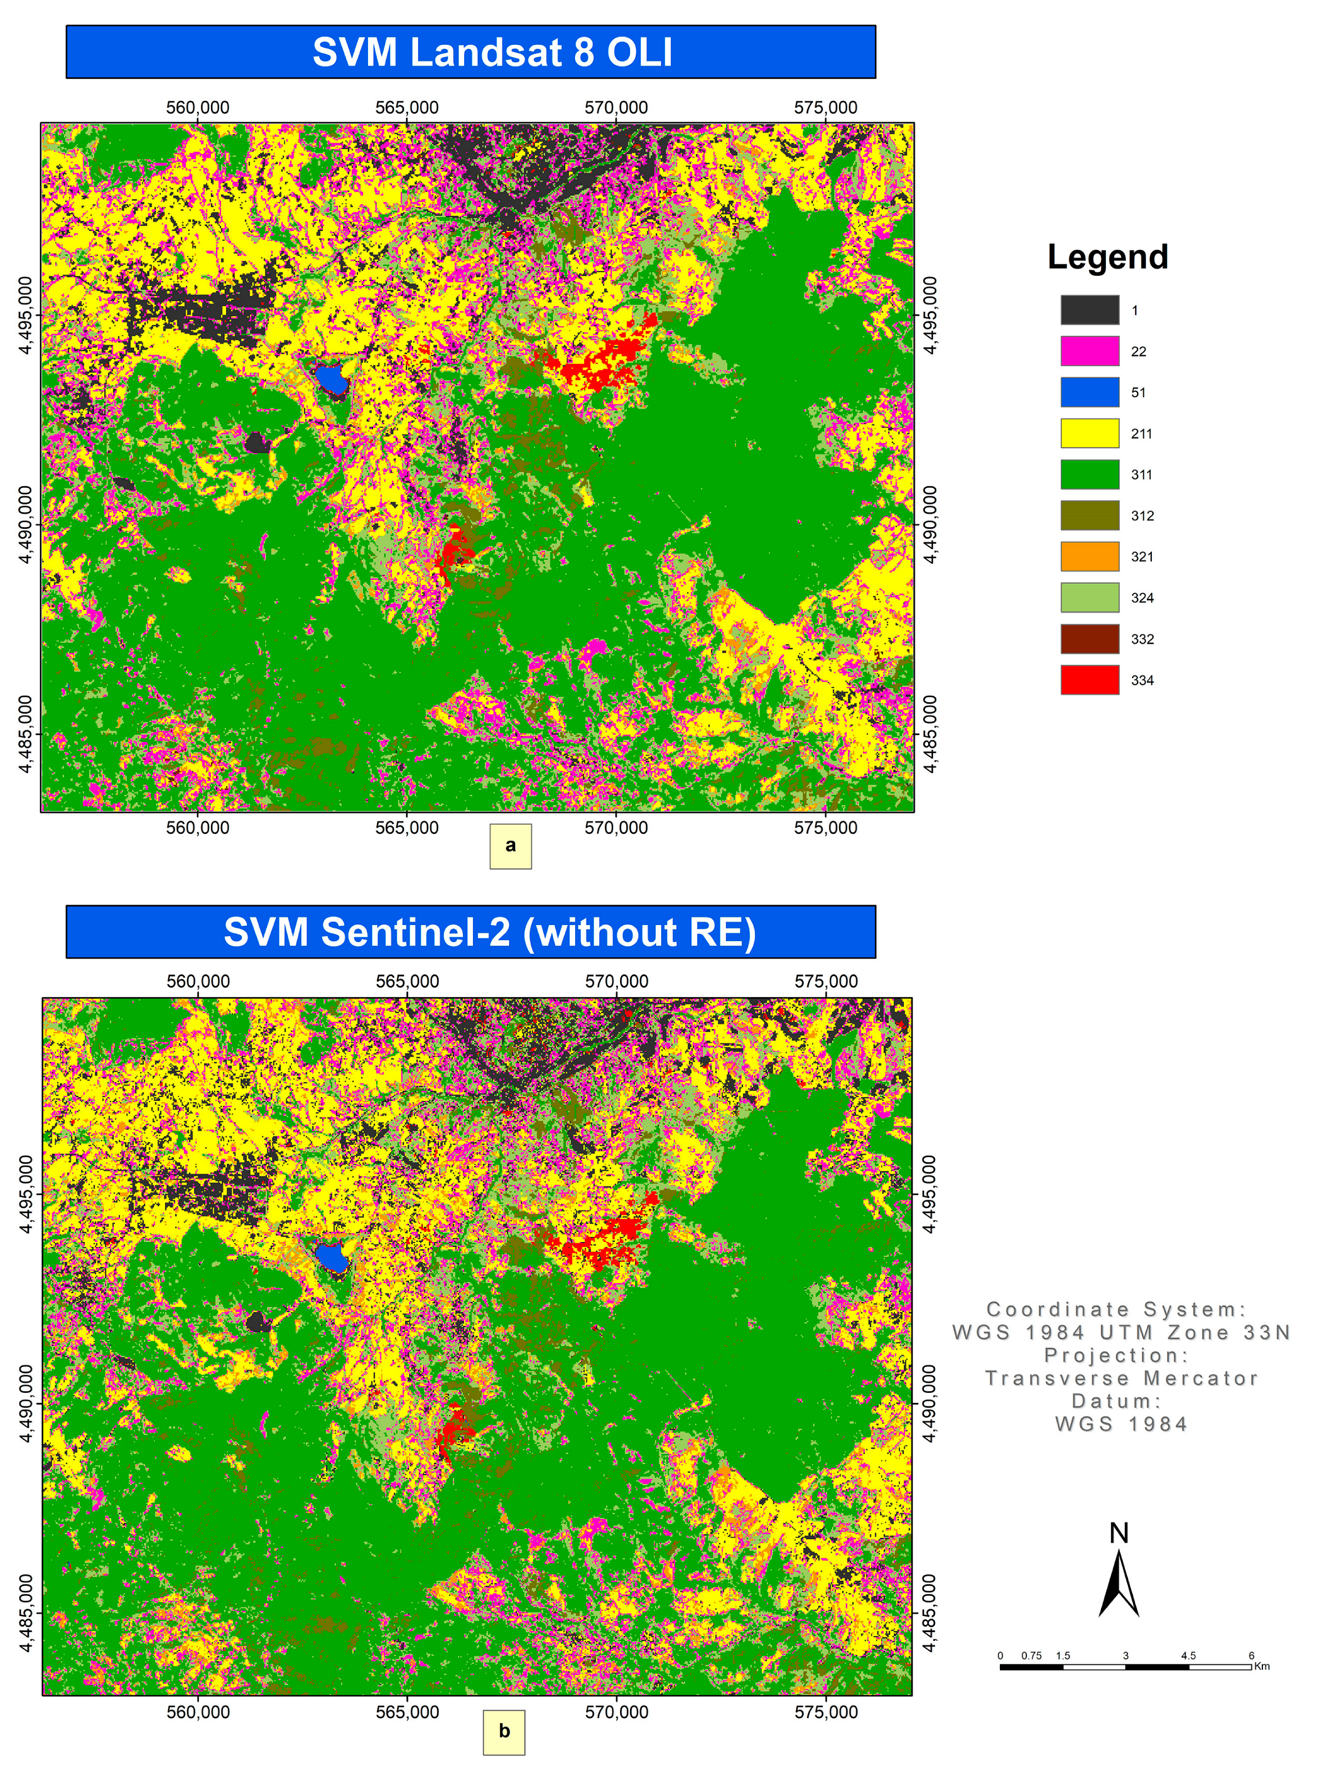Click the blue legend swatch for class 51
click(1089, 392)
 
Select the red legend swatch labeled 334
click(1089, 679)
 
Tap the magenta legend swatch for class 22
click(1089, 351)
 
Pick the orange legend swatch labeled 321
click(1089, 556)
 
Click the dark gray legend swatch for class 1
click(1089, 309)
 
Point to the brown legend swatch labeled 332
click(1089, 639)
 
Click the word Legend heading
click(1107, 256)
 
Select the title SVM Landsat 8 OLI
click(492, 53)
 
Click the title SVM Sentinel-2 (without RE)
click(489, 932)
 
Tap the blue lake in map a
click(330, 379)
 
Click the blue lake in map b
click(331, 1258)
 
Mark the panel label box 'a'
click(510, 846)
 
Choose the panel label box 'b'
click(504, 1731)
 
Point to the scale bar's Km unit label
click(1262, 1666)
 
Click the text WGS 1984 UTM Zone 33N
click(1121, 1332)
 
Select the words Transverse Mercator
click(1121, 1378)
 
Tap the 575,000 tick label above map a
click(825, 107)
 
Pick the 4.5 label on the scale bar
click(1188, 1655)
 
